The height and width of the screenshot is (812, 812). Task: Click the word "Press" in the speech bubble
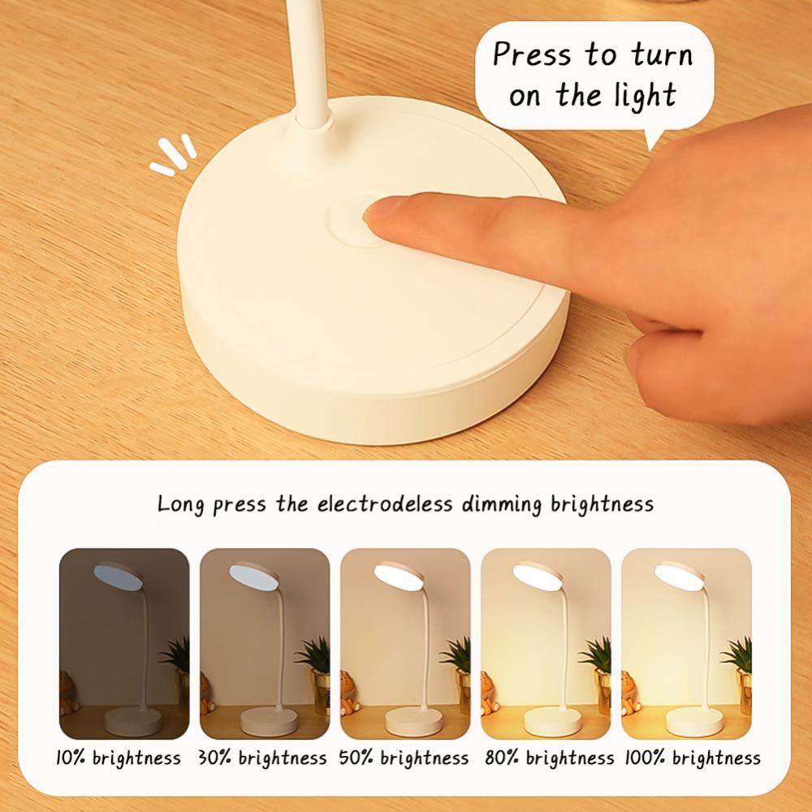pyautogui.click(x=532, y=54)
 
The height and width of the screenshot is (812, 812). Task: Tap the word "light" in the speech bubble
pyautogui.click(x=646, y=95)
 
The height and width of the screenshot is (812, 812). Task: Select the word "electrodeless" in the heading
pyautogui.click(x=385, y=504)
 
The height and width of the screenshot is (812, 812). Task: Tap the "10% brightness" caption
pyautogui.click(x=118, y=758)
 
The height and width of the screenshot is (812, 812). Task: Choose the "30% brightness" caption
pyautogui.click(x=262, y=758)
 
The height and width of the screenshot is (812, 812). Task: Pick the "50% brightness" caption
pyautogui.click(x=404, y=758)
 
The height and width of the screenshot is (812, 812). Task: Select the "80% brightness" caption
pyautogui.click(x=550, y=758)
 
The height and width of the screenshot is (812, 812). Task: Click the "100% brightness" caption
pyautogui.click(x=693, y=758)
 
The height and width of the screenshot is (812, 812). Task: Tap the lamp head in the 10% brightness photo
pyautogui.click(x=118, y=576)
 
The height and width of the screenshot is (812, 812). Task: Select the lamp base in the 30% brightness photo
pyautogui.click(x=269, y=722)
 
